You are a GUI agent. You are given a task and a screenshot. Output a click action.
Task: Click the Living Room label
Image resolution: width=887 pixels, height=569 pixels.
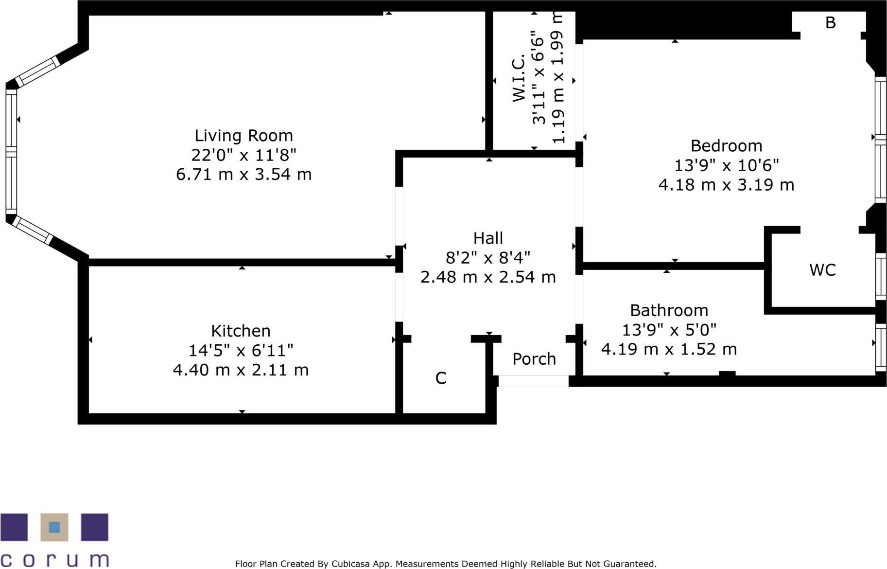(x=243, y=136)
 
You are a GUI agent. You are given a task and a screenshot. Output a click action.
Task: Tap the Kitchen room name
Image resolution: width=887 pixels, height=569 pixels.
(x=241, y=331)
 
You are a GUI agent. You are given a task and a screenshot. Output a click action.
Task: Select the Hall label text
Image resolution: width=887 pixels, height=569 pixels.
(x=488, y=238)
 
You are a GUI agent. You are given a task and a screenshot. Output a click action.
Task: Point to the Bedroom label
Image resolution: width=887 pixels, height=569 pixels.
(x=726, y=146)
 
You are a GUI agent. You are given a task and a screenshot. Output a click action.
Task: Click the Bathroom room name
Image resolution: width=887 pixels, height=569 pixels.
(x=669, y=310)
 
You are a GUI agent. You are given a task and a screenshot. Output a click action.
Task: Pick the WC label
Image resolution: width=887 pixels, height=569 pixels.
(x=822, y=270)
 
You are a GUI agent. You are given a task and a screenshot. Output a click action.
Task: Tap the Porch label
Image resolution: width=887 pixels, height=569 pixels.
(x=534, y=359)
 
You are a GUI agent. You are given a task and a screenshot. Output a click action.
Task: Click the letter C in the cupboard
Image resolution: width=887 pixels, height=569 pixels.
(x=441, y=378)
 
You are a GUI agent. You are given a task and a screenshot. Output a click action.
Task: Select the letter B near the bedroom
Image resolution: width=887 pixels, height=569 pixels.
(x=831, y=22)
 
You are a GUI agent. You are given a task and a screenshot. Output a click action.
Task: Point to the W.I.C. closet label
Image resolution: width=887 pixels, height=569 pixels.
(x=519, y=78)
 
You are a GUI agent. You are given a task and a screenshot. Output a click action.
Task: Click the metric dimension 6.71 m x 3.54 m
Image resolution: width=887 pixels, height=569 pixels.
(x=243, y=174)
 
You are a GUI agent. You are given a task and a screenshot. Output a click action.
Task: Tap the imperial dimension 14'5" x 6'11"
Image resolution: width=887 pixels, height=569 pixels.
(x=241, y=350)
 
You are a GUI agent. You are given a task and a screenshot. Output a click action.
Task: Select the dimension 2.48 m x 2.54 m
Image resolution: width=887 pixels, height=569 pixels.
(x=488, y=277)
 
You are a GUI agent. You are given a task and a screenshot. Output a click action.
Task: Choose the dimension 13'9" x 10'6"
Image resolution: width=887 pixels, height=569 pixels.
(x=726, y=165)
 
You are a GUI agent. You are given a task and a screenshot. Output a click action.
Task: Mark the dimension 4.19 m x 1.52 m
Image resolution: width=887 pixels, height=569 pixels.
(x=669, y=349)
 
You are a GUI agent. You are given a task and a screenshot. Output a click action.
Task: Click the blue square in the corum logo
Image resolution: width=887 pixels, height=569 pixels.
(x=54, y=527)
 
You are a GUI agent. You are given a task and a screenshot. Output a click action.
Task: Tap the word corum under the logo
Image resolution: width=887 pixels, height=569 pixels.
(x=54, y=560)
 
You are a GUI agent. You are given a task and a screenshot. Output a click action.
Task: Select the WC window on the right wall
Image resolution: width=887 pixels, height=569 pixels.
(x=881, y=276)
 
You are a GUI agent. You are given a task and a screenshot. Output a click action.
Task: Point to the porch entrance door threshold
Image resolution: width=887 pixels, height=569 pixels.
(x=533, y=381)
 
